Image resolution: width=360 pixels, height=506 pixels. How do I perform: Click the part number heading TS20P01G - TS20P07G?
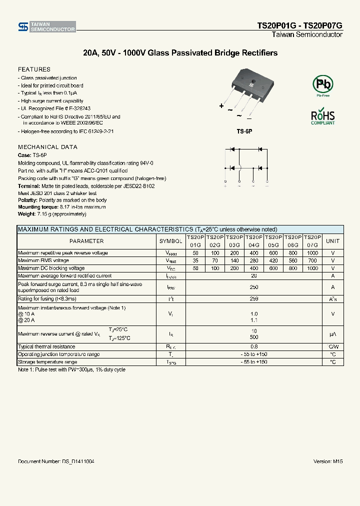(x=299, y=25)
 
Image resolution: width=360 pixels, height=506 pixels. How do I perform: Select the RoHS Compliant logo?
(x=322, y=116)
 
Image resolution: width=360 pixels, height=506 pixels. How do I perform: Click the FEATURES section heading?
(x=34, y=69)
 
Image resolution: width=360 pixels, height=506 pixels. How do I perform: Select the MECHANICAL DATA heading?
(x=47, y=147)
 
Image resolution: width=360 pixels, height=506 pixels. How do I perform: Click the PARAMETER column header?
(x=86, y=241)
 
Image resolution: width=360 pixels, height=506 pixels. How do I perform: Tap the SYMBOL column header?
(x=171, y=241)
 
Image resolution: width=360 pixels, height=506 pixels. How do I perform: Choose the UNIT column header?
(x=332, y=241)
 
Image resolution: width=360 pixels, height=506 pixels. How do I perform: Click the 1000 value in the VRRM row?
(x=312, y=253)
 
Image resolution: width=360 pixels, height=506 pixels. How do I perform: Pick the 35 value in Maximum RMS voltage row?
(x=195, y=260)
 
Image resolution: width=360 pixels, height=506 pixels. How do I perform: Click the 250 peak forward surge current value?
(x=254, y=287)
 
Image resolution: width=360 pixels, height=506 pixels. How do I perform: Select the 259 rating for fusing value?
(x=254, y=298)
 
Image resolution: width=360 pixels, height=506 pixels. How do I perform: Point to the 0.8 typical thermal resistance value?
(x=254, y=346)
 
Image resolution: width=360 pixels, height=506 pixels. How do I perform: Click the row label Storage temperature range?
(x=47, y=361)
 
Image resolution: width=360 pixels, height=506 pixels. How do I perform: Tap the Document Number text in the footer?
(x=56, y=461)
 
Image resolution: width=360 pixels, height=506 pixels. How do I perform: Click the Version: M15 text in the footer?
(x=327, y=461)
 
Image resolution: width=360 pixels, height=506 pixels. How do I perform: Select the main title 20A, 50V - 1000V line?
(x=180, y=53)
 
